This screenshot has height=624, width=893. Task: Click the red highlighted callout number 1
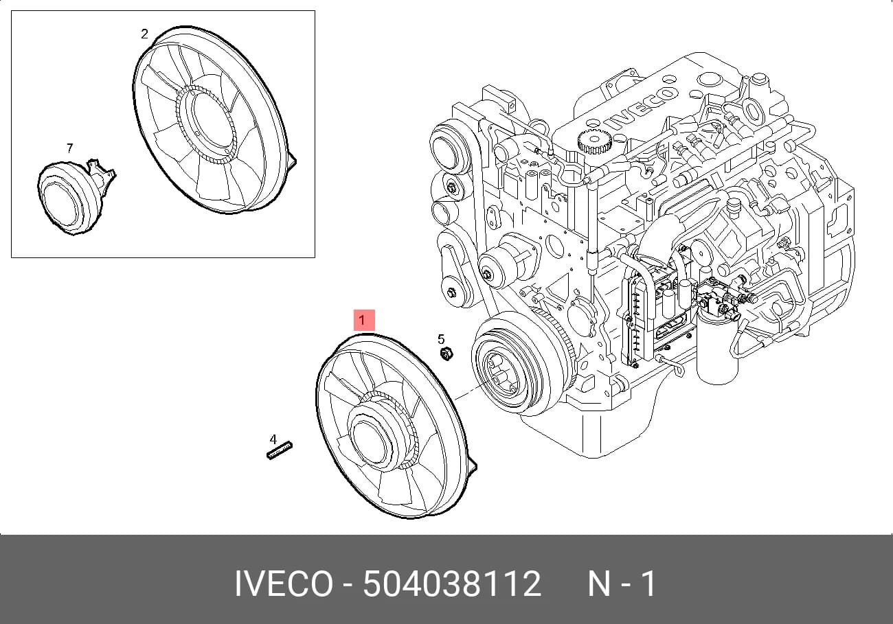[364, 321]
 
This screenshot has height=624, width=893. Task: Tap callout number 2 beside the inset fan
[144, 34]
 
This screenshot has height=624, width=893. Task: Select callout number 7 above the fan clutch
[70, 148]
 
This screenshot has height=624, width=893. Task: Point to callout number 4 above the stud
[273, 439]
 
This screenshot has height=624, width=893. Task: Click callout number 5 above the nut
[440, 339]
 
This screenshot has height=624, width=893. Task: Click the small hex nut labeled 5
[446, 354]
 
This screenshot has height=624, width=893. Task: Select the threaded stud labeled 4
[280, 450]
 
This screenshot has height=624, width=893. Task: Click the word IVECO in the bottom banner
[284, 583]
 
